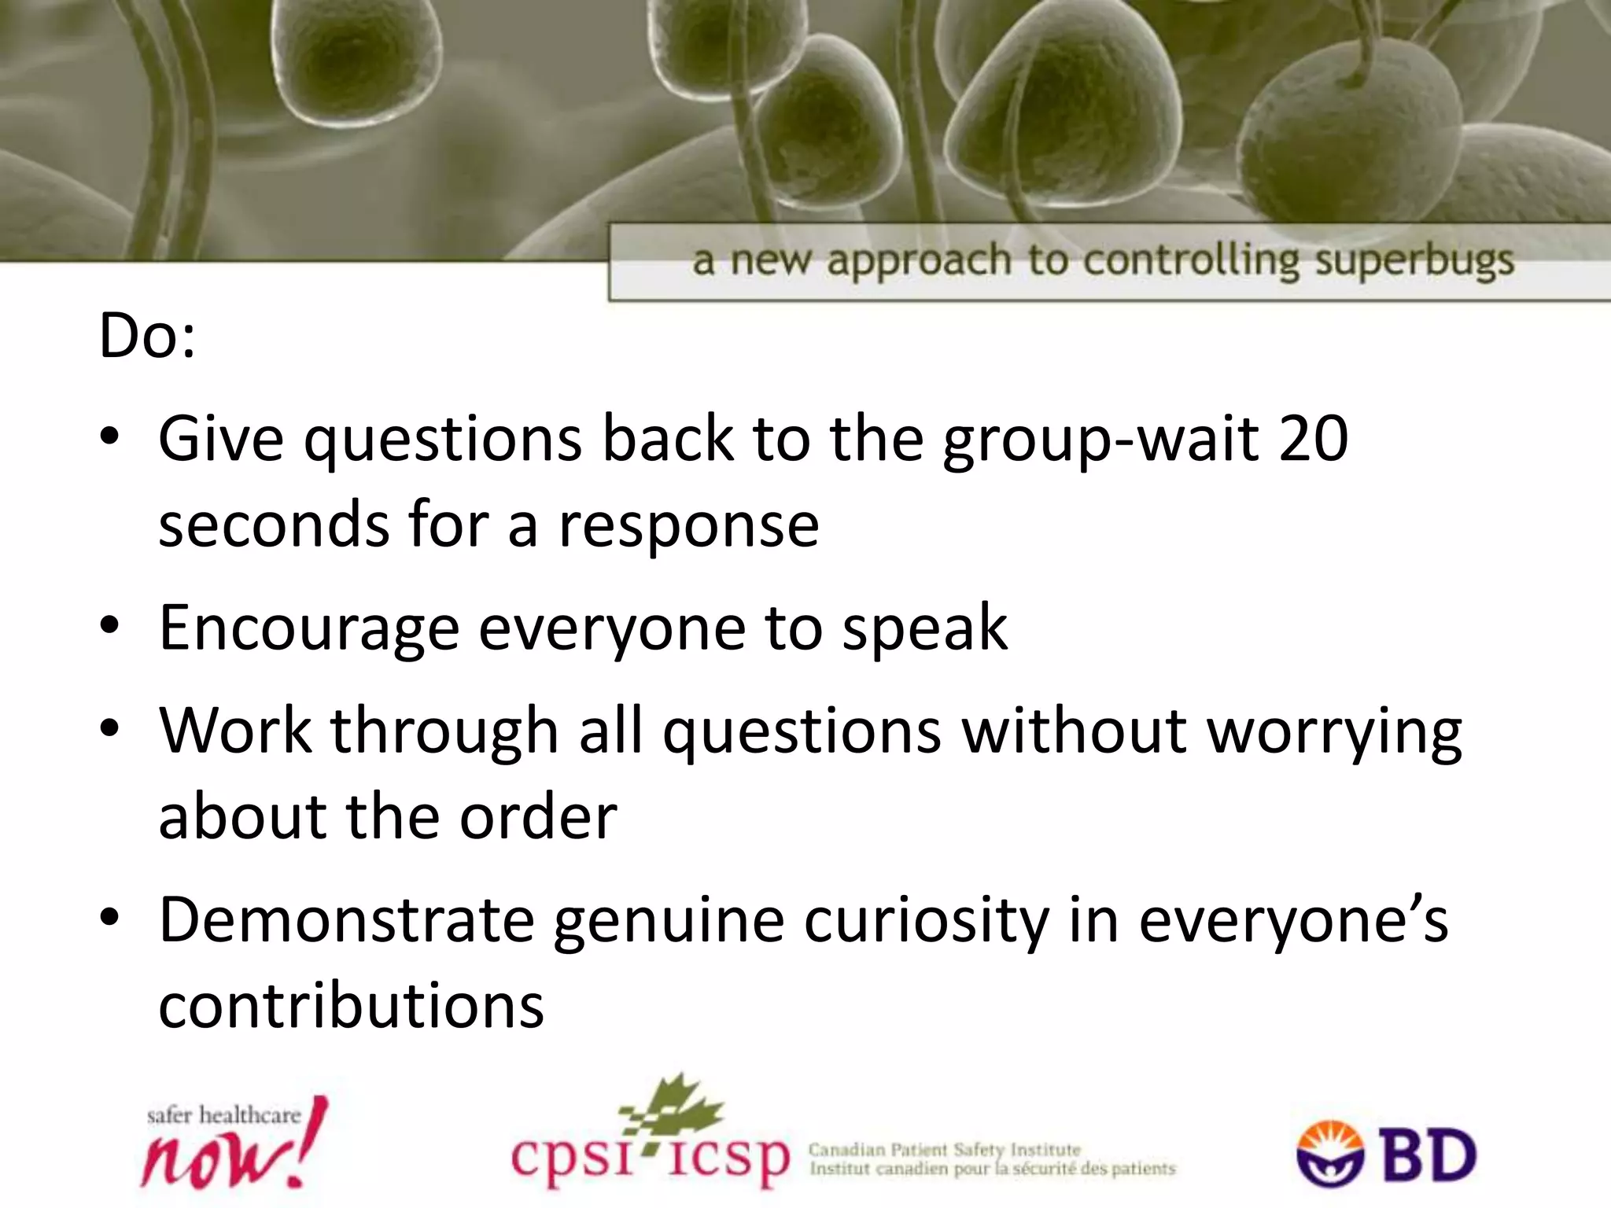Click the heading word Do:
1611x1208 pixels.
pos(147,337)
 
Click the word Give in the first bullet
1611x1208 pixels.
pos(221,439)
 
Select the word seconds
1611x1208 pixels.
pos(273,525)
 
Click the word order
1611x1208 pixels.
pos(538,818)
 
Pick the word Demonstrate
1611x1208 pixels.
pos(346,920)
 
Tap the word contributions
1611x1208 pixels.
pos(351,1007)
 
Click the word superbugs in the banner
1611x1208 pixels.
pos(1414,261)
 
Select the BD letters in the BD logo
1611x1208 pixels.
pos(1429,1156)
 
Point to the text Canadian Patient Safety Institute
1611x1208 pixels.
pos(945,1150)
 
